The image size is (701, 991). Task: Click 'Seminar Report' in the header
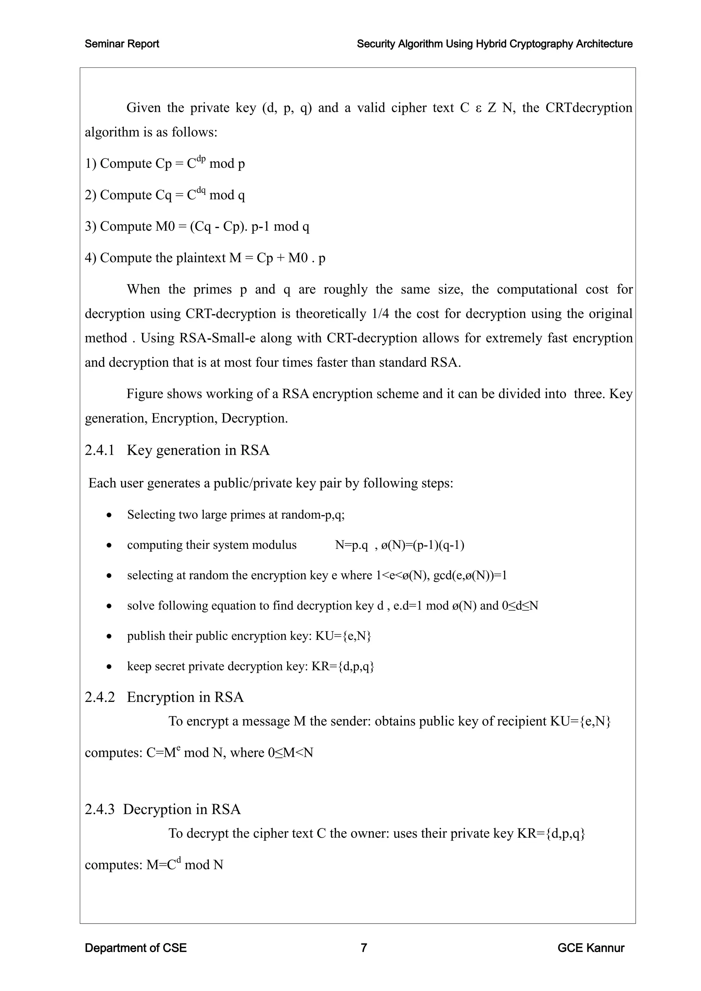pyautogui.click(x=122, y=44)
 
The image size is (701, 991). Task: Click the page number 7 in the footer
pyautogui.click(x=364, y=948)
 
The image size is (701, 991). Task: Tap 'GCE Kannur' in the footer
pyautogui.click(x=590, y=948)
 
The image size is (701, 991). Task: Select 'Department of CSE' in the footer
pyautogui.click(x=136, y=948)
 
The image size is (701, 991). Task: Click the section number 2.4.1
pyautogui.click(x=99, y=450)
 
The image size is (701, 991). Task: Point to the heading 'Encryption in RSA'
pyautogui.click(x=185, y=697)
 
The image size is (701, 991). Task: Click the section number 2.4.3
pyautogui.click(x=99, y=809)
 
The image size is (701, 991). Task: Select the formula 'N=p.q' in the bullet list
pyautogui.click(x=352, y=545)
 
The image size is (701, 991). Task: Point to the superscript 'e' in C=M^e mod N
pyautogui.click(x=178, y=748)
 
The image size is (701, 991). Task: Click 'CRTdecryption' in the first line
pyautogui.click(x=589, y=107)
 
